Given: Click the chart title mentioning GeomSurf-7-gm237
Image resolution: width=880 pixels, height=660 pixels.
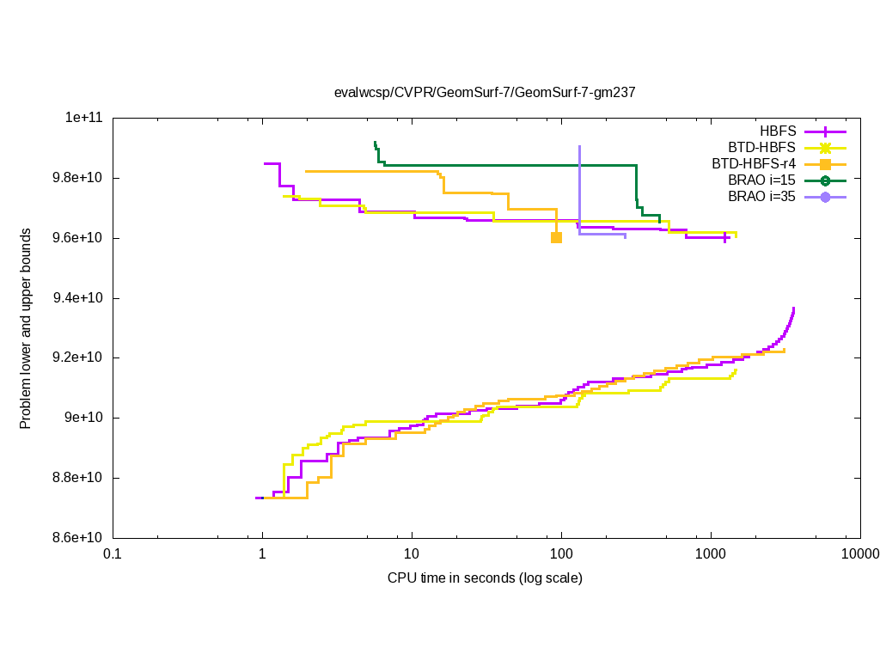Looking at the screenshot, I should tap(485, 91).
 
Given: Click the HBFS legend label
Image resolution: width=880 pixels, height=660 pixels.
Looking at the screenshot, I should tap(778, 131).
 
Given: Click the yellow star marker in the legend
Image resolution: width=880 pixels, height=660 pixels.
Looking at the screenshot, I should tap(825, 148).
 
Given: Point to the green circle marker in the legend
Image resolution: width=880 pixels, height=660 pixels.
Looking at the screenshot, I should tap(825, 180).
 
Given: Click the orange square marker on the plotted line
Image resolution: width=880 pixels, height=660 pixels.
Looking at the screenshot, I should tap(556, 237).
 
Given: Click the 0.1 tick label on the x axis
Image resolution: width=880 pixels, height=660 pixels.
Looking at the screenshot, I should tap(112, 554).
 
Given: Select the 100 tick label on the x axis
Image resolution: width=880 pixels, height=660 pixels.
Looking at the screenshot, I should tap(561, 554).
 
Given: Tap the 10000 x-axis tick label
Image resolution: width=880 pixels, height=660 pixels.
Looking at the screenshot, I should tap(860, 554).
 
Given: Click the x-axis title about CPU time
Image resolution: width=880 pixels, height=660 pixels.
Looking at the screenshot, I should tap(485, 577).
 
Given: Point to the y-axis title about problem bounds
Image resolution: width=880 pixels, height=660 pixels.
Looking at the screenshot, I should tap(27, 328).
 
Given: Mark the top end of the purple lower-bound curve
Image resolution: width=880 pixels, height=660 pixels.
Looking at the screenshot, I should tap(793, 309).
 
